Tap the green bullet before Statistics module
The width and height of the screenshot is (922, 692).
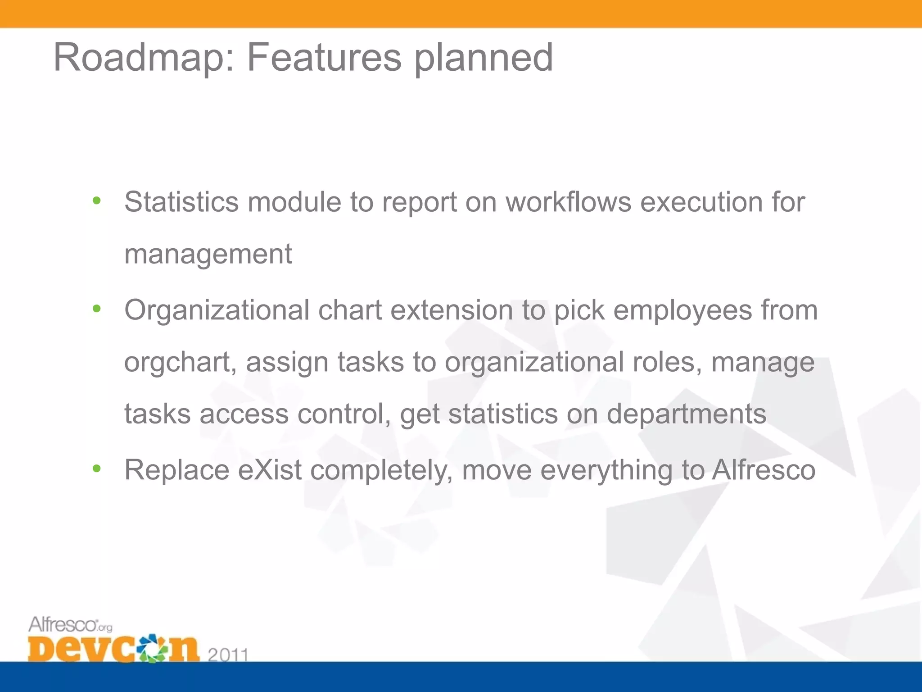pyautogui.click(x=96, y=200)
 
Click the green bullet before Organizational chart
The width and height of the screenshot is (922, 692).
pyautogui.click(x=96, y=309)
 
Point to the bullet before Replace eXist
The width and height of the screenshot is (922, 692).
pyautogui.click(x=96, y=469)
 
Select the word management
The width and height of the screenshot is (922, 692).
pyautogui.click(x=208, y=255)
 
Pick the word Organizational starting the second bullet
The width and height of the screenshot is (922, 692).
pyautogui.click(x=217, y=311)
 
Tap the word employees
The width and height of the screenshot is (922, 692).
pyautogui.click(x=682, y=310)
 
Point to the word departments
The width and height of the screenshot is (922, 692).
pyautogui.click(x=686, y=414)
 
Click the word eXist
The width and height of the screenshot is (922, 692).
pyautogui.click(x=270, y=470)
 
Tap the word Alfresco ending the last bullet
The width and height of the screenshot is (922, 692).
pyautogui.click(x=764, y=470)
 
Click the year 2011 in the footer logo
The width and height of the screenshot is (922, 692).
pyautogui.click(x=228, y=655)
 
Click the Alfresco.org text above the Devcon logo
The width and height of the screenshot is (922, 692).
pyautogui.click(x=70, y=625)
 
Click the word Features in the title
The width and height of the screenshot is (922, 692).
pyautogui.click(x=324, y=58)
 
